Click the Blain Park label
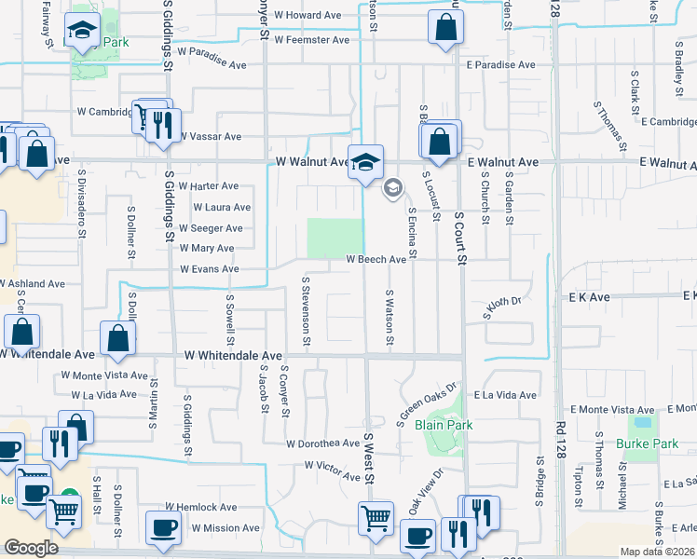coord(444,425)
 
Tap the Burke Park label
coord(647,443)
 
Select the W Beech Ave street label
coord(376,260)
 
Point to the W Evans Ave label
coord(210,269)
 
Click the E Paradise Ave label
coord(501,65)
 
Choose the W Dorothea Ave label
coord(322,443)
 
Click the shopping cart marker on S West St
coord(376,515)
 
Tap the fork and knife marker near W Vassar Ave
coord(164,125)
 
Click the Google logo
coord(31,548)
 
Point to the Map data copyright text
coord(658,552)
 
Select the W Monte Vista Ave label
coord(104,375)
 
